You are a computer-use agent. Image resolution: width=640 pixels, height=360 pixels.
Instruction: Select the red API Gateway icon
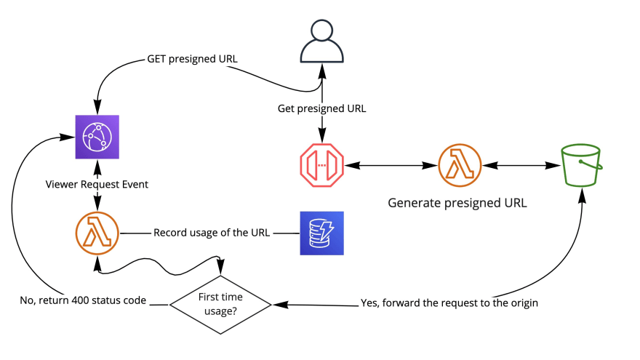321,166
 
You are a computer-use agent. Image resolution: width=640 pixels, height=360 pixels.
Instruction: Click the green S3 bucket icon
583,166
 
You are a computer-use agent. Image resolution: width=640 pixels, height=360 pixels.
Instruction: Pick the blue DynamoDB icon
321,233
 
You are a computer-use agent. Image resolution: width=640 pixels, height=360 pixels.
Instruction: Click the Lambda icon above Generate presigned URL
460,166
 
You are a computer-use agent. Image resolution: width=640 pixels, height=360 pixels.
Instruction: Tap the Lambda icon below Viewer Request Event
97,233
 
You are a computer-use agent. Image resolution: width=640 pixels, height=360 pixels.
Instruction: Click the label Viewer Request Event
97,185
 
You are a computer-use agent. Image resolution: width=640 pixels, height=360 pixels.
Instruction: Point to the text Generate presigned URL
457,203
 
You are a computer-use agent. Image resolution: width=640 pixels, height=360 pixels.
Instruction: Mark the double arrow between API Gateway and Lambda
391,166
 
